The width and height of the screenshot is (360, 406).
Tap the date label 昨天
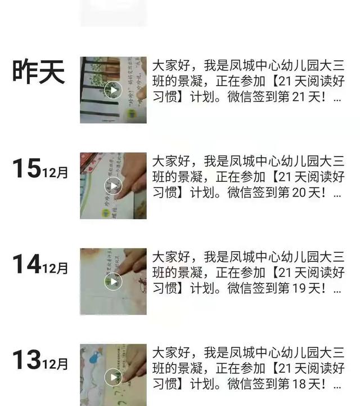pos(39,72)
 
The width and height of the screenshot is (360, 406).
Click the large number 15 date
pos(26,169)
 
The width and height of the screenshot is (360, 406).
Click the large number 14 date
pos(26,265)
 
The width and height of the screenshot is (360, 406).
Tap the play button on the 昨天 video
pos(114,90)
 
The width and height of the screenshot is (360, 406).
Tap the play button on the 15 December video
pos(114,186)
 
